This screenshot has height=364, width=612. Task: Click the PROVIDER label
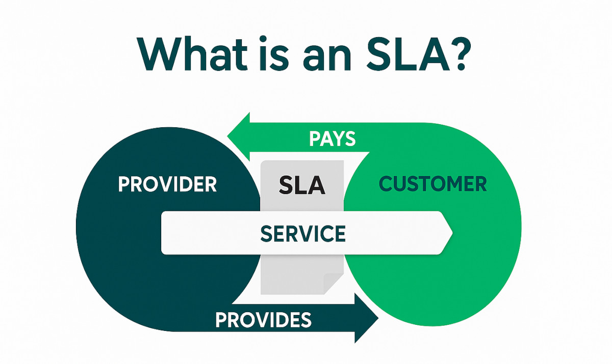pyautogui.click(x=167, y=184)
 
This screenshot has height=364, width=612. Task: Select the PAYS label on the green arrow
pyautogui.click(x=333, y=139)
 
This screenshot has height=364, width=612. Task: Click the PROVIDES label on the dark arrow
pyautogui.click(x=263, y=320)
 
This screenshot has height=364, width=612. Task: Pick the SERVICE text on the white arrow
pyautogui.click(x=303, y=234)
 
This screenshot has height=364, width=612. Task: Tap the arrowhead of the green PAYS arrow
pyautogui.click(x=239, y=136)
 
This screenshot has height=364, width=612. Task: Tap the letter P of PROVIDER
pyautogui.click(x=123, y=184)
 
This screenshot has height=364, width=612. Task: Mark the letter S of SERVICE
pyautogui.click(x=266, y=234)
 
